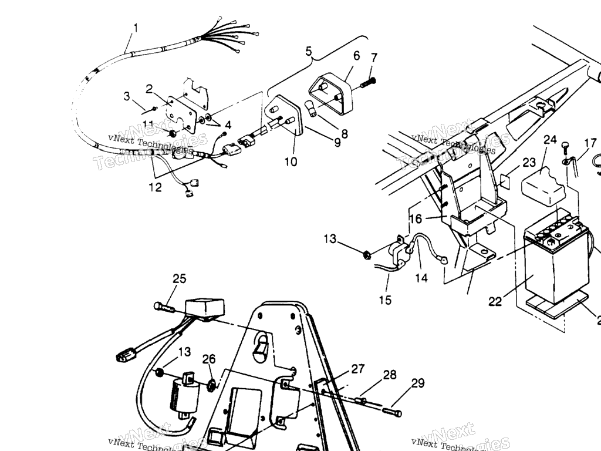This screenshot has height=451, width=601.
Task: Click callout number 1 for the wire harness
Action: click(136, 28)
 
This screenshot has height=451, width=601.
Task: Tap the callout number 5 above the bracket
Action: click(309, 51)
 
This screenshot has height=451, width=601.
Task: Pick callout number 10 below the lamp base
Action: click(291, 161)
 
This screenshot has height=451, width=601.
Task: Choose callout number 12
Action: click(155, 187)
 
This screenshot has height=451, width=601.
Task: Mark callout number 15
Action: click(385, 300)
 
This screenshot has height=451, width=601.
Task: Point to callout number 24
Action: click(550, 140)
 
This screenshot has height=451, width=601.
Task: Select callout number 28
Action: click(390, 375)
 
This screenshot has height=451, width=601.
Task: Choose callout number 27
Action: click(358, 369)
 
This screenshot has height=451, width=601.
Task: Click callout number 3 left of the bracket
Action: click(127, 96)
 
